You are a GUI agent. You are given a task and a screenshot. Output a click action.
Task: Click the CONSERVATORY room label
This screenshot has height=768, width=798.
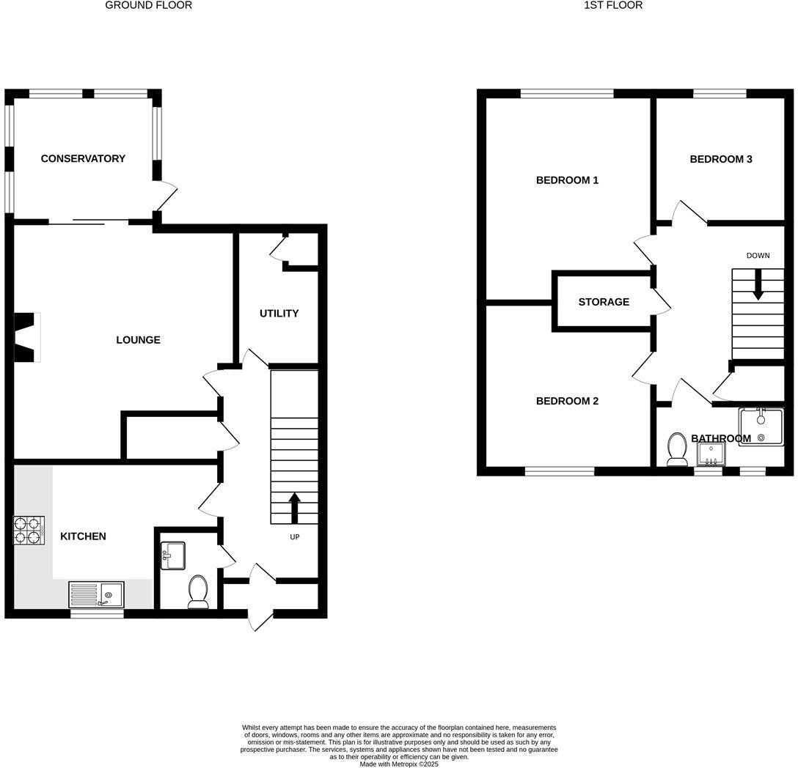click(83, 158)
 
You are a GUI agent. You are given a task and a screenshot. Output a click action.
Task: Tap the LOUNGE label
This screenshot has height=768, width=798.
click(138, 340)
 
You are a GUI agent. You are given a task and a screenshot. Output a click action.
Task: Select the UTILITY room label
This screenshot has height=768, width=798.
click(279, 314)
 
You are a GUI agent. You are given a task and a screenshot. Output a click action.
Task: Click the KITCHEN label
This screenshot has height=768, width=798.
click(83, 536)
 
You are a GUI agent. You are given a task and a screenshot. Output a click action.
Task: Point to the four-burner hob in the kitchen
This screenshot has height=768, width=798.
click(29, 531)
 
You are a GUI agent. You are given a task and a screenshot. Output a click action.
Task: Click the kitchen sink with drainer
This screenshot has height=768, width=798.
click(97, 594)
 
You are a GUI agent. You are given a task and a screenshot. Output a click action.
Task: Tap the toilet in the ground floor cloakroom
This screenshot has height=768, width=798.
click(198, 592)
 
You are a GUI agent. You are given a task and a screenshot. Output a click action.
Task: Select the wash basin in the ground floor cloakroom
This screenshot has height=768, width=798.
click(173, 555)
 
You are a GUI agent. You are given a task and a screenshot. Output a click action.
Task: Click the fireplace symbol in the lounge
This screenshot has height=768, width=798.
click(26, 337)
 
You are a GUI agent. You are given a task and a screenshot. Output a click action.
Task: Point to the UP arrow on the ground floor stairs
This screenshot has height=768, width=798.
click(295, 508)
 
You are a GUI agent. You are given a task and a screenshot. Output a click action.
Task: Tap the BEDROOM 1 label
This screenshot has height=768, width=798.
click(567, 180)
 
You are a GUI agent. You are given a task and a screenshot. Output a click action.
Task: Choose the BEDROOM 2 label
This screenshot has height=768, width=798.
click(567, 401)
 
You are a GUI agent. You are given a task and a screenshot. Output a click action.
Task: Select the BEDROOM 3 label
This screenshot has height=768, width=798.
click(720, 159)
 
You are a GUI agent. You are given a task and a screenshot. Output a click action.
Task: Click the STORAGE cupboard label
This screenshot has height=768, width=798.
click(604, 302)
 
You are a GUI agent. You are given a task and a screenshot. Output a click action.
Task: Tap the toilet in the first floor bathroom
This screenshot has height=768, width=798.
click(676, 450)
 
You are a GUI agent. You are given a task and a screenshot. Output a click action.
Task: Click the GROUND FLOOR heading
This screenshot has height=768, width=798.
click(149, 5)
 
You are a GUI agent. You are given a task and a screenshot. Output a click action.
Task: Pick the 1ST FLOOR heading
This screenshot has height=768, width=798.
click(613, 5)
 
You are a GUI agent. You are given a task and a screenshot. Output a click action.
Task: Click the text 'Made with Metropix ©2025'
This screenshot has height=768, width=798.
click(398, 764)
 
